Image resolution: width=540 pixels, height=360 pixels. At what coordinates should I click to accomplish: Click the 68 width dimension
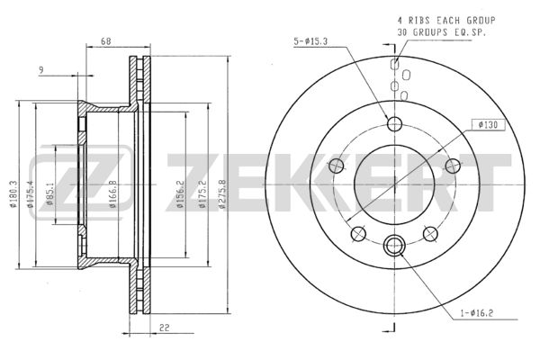click(105, 41)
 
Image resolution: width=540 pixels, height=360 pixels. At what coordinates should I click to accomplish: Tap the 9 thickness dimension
click(41, 70)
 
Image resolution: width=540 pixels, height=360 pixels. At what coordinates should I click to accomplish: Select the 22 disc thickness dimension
click(165, 328)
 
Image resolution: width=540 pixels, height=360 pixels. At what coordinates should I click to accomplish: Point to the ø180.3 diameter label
click(13, 194)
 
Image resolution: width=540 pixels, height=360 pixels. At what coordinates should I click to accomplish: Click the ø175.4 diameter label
click(31, 194)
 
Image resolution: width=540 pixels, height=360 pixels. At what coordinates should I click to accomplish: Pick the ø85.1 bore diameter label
click(49, 194)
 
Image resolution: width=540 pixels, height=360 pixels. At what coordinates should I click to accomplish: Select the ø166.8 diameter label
click(112, 194)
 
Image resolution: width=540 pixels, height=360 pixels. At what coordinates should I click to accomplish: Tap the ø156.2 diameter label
click(180, 194)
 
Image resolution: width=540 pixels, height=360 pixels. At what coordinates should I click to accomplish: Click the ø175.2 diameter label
click(202, 194)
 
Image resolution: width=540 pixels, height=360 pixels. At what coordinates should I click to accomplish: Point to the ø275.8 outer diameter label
click(222, 194)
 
